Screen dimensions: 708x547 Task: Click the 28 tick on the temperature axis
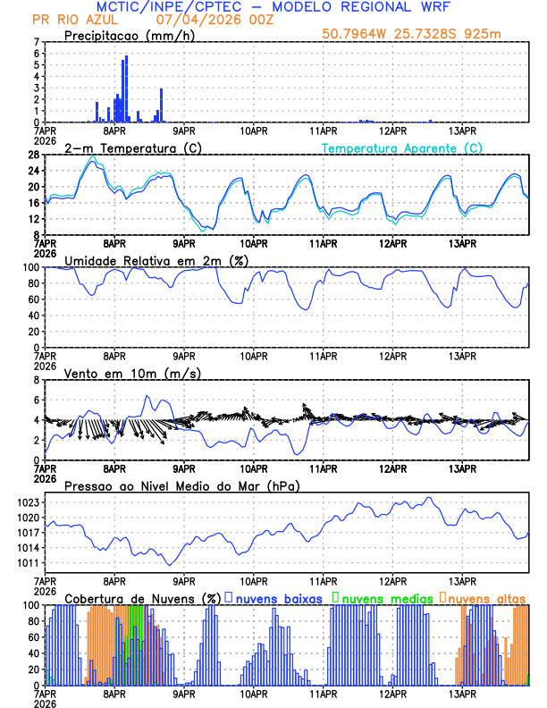(35, 155)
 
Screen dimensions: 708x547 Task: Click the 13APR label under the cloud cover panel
(462, 693)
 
